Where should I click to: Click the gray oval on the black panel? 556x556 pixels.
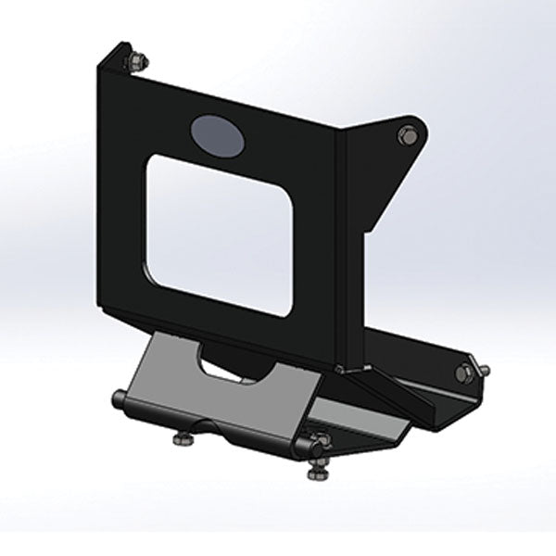click(215, 134)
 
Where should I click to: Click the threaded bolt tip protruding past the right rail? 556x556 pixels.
click(483, 369)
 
